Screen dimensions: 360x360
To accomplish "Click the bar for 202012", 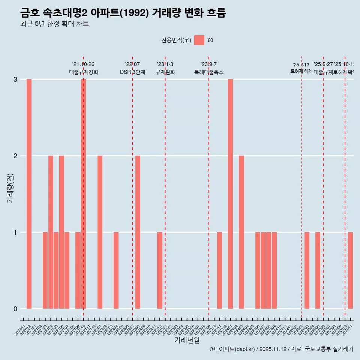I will [x=29, y=194].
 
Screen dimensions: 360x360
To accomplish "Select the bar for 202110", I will [x=84, y=194].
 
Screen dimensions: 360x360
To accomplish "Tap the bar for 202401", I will [x=230, y=194].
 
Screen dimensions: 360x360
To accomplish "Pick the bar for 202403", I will [x=241, y=232].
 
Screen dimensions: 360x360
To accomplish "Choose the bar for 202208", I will [x=138, y=232].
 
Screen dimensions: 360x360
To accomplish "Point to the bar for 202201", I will [x=100, y=232].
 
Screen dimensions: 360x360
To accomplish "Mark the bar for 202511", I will [x=350, y=270].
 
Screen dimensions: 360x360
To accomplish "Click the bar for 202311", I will [x=219, y=270].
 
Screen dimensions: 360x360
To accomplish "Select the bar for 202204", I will [x=116, y=270].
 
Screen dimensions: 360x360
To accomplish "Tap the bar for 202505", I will [x=318, y=270].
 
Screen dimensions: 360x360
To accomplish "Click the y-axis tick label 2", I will [x=15, y=156].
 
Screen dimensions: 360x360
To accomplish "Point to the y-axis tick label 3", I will [x=15, y=79].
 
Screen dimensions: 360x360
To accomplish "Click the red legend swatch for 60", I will [x=199, y=40].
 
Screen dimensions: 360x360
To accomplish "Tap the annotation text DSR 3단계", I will [x=132, y=72].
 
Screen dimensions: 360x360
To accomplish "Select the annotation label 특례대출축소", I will [x=209, y=72].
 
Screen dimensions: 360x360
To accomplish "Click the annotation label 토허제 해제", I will [x=301, y=71].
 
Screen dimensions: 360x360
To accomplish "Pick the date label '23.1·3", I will [x=165, y=64].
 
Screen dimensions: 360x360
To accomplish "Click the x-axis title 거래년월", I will [x=187, y=340].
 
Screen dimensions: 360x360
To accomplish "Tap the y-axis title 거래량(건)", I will [x=10, y=187].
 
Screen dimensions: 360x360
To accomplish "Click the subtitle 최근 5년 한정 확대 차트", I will [x=54, y=24].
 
